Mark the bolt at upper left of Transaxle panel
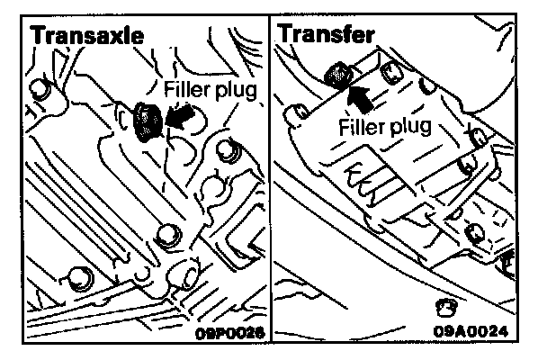(x=38, y=88)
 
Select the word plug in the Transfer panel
(x=410, y=123)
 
